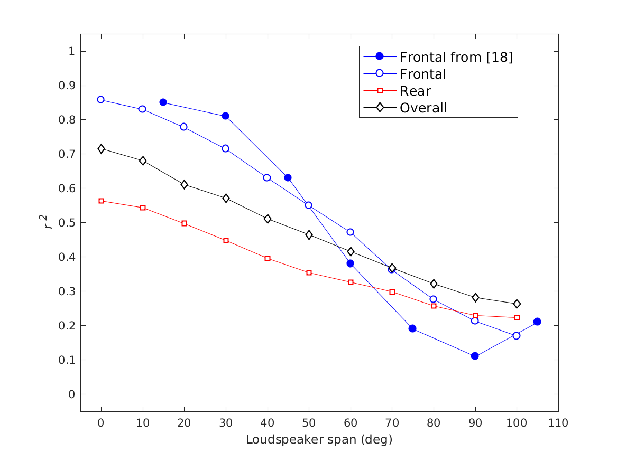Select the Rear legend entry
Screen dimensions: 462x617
(415, 91)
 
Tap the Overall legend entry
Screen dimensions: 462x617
(423, 108)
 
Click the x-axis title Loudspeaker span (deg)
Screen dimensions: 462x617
(319, 439)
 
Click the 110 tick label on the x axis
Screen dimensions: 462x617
(558, 423)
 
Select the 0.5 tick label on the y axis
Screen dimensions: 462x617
(67, 223)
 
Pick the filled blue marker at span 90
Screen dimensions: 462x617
(475, 356)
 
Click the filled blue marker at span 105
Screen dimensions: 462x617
(537, 322)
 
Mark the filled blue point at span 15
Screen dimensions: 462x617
(163, 102)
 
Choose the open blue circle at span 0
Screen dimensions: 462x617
(101, 100)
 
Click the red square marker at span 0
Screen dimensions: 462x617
(101, 201)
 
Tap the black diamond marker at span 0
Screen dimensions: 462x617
(101, 149)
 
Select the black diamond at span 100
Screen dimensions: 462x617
(517, 304)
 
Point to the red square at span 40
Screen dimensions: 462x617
(268, 258)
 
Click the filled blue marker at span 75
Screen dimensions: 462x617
(412, 328)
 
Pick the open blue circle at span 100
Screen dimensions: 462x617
(517, 335)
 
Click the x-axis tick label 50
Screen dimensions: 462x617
(309, 423)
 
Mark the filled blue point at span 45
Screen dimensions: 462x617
(288, 177)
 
